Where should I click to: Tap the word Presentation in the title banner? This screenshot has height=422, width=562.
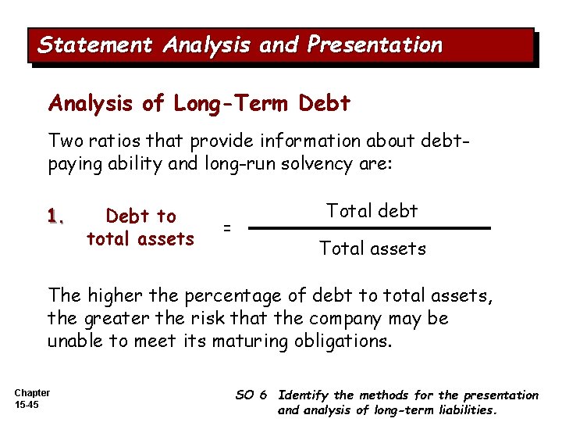point(375,45)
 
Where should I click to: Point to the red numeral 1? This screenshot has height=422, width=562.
point(55,216)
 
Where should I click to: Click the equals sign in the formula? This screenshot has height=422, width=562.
point(227,227)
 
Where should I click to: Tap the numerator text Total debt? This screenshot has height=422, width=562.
point(372,211)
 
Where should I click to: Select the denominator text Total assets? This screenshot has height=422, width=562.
point(372,249)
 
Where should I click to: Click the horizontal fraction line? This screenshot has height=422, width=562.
point(372,228)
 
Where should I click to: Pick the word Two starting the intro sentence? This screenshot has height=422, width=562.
point(65,141)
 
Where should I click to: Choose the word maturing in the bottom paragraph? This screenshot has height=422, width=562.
point(258,342)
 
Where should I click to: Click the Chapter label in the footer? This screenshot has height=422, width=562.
point(32,393)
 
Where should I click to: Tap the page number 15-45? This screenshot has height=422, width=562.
point(27,406)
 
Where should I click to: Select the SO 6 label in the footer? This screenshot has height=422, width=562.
point(251,395)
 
